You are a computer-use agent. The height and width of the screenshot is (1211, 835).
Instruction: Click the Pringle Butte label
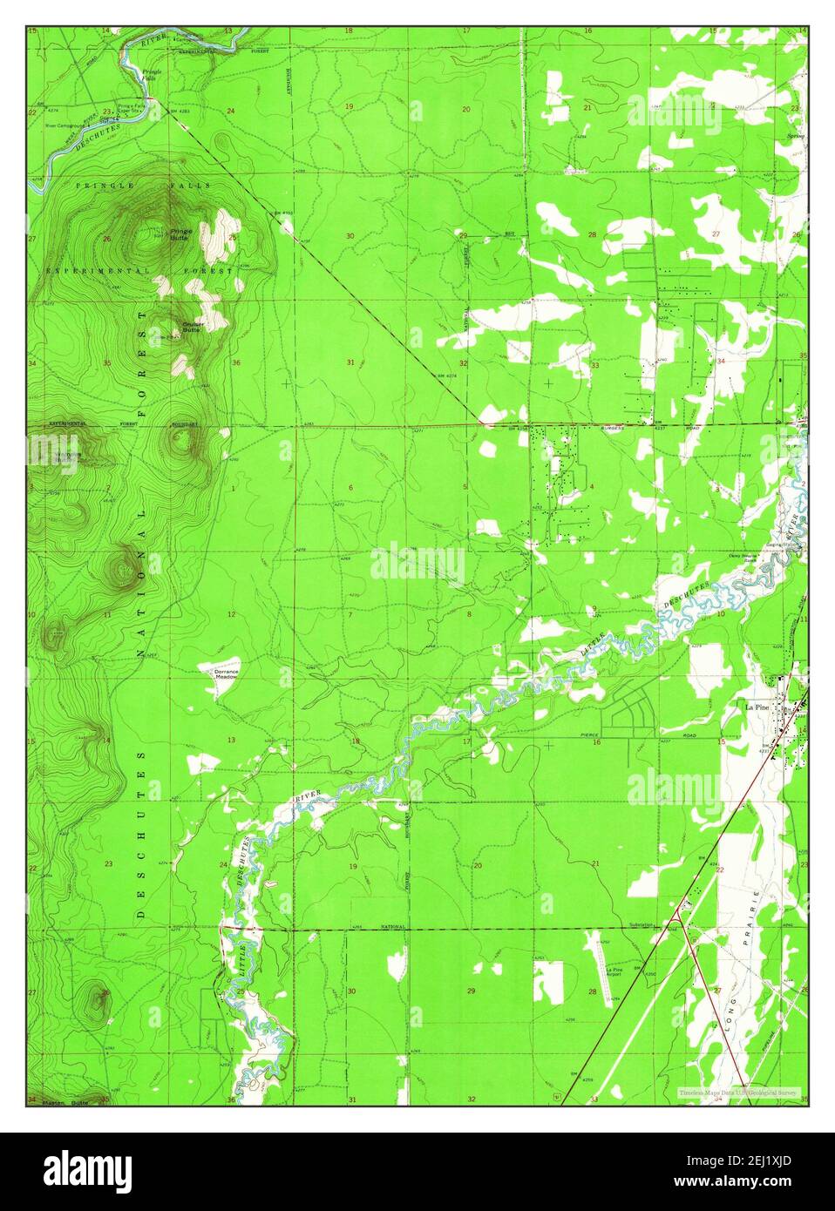(180, 233)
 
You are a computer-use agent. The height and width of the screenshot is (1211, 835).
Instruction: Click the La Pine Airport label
(613, 972)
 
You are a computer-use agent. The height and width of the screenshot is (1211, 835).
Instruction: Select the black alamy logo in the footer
(87, 1170)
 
